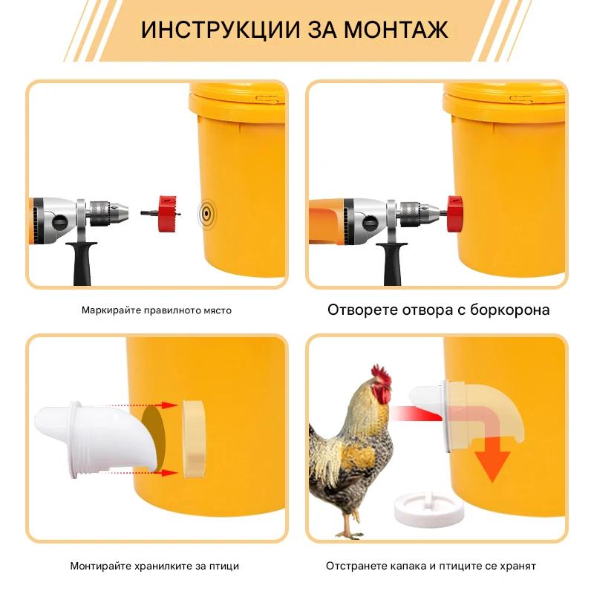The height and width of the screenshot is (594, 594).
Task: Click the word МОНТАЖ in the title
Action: click(x=396, y=30)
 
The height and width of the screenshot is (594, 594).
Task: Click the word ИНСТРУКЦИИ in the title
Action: click(x=221, y=30)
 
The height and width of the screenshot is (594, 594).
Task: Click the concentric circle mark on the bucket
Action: click(x=206, y=213)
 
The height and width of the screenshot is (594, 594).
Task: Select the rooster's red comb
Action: click(x=382, y=375)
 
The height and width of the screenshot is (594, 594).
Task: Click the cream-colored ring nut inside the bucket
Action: click(x=194, y=438)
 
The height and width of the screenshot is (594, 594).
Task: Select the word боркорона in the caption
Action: click(x=510, y=310)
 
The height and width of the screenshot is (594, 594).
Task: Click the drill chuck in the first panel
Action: click(x=108, y=213)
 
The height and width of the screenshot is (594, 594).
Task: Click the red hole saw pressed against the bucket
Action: click(x=454, y=214)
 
